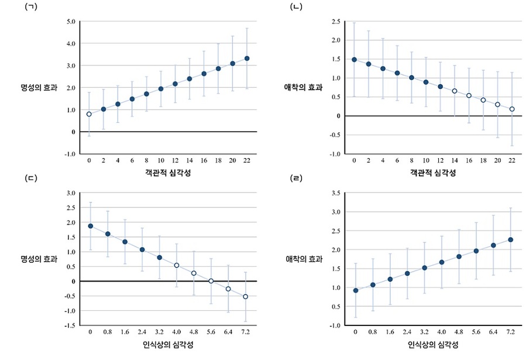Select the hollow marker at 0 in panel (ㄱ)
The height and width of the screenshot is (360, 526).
(89, 114)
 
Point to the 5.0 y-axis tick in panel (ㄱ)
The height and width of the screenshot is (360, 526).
(70, 22)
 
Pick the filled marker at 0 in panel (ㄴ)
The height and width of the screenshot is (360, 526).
(355, 60)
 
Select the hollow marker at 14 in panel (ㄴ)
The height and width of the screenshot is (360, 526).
(454, 91)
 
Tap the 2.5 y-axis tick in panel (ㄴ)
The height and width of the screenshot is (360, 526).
(335, 22)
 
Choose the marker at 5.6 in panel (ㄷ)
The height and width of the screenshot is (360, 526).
(211, 281)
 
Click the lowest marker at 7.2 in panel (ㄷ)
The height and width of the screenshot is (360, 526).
(246, 297)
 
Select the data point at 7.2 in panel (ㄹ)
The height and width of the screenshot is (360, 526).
(511, 239)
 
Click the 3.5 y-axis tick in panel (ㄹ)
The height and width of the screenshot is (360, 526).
(336, 193)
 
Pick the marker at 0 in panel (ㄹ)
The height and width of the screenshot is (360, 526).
(355, 290)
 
